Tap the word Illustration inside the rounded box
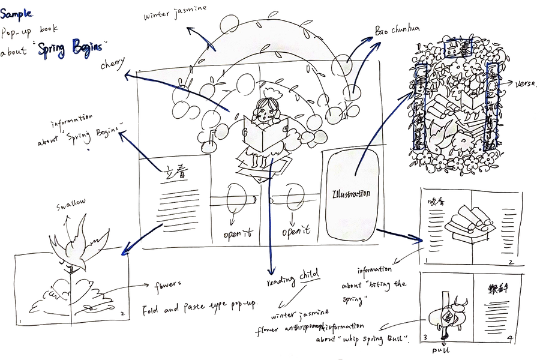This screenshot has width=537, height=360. pyautogui.click(x=351, y=194)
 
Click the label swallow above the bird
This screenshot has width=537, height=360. pyautogui.click(x=71, y=203)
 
